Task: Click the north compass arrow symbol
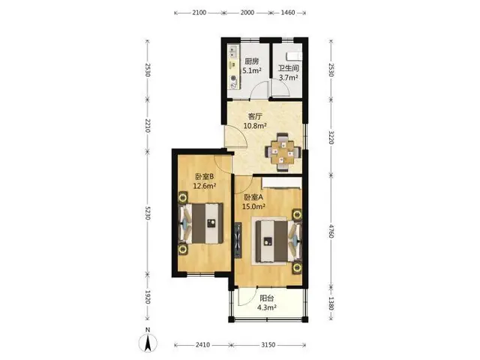[148, 343]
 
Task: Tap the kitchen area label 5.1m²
[252, 70]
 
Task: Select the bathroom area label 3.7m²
[288, 77]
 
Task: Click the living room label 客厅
[255, 117]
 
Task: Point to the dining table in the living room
[283, 151]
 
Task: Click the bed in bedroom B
[201, 223]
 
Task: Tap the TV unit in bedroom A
[238, 240]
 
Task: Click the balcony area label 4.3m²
[267, 307]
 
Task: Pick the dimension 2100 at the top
[199, 13]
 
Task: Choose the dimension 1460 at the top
[287, 13]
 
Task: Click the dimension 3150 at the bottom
[268, 345]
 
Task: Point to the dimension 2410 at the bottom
[202, 345]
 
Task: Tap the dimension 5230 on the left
[148, 211]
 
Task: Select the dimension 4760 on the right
[331, 231]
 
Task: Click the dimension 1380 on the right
[331, 303]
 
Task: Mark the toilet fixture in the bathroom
[293, 57]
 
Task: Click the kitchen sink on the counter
[233, 52]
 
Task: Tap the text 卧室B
[204, 177]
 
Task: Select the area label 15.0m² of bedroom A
[253, 206]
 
